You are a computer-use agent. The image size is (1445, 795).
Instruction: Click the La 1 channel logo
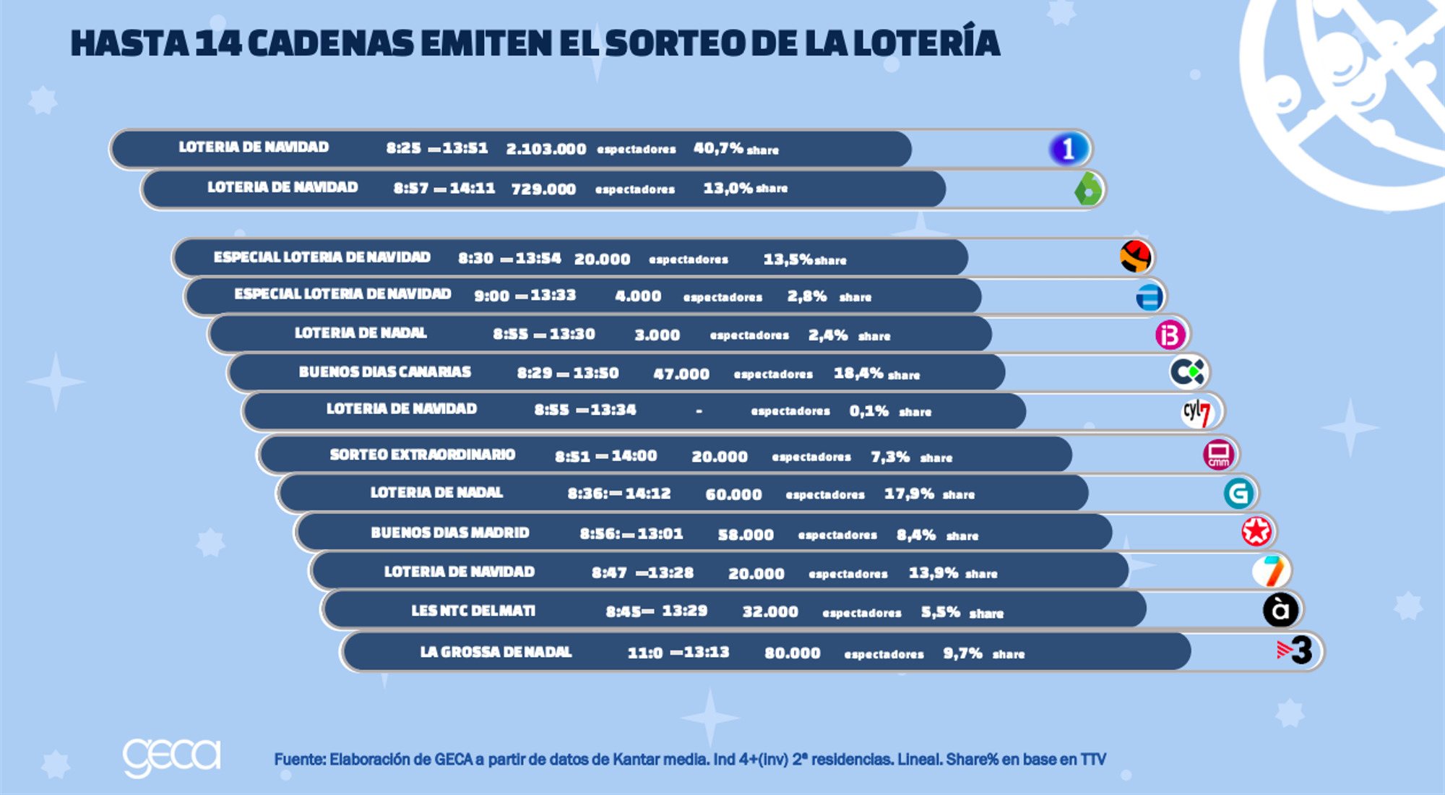pos(1069,148)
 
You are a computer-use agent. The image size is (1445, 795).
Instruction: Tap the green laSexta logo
pos(1088,189)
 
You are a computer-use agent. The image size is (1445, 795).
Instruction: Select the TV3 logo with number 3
pos(1295,650)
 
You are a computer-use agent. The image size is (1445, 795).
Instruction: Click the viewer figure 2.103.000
pos(545,149)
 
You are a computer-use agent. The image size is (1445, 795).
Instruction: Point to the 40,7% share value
pos(718,148)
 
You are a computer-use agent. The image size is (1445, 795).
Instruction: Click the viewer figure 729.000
pos(543,189)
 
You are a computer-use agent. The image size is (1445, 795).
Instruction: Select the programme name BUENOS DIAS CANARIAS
pos(384,372)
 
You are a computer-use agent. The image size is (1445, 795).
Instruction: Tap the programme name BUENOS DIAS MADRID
pos(449,533)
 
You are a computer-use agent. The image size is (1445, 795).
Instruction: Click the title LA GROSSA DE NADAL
pos(496,652)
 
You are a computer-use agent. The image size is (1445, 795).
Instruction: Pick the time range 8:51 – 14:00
pos(605,456)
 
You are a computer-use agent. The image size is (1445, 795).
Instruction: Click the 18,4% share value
pos(858,374)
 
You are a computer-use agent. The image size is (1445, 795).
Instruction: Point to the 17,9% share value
pos(909,494)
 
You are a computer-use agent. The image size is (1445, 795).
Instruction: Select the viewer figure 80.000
pos(792,653)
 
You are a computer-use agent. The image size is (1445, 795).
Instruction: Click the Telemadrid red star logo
pos(1256,531)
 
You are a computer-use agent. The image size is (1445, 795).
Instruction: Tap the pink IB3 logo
pos(1170,335)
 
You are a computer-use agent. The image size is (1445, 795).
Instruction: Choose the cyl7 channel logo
pos(1197,413)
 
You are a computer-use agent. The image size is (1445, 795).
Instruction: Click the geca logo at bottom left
pos(171,757)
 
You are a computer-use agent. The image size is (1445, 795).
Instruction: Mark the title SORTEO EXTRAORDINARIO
pos(422,455)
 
